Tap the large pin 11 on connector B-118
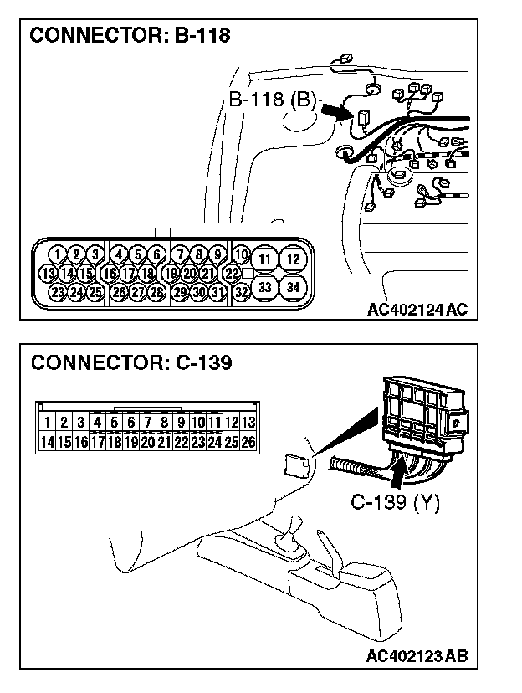264,259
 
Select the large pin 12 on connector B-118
293,259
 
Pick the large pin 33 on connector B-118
264,287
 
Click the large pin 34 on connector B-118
293,287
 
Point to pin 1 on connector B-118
56,254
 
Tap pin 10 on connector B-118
241,254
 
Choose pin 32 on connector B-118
241,292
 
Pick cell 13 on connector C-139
248,423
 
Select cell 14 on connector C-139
48,441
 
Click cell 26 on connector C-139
248,441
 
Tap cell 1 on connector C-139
48,423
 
